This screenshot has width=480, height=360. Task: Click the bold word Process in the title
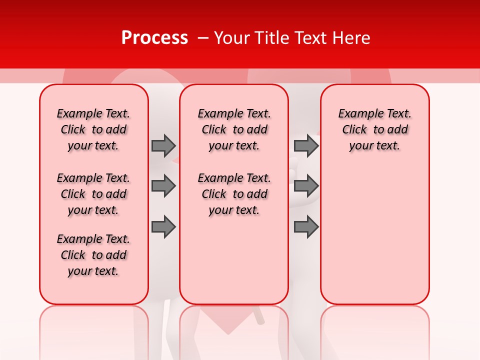click(x=154, y=38)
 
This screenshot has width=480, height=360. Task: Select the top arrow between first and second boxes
click(x=163, y=145)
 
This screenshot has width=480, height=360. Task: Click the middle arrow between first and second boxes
click(x=163, y=186)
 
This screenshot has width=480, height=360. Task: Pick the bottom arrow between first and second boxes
click(x=163, y=227)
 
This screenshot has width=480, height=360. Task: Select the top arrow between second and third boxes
click(x=306, y=145)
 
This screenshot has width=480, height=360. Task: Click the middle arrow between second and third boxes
click(x=306, y=186)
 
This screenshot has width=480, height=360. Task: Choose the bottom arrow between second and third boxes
click(x=306, y=227)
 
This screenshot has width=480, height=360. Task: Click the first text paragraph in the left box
click(x=93, y=129)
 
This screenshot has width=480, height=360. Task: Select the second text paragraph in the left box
click(x=93, y=194)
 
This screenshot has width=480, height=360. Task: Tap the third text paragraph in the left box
click(x=93, y=255)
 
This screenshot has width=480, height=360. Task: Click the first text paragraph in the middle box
click(x=234, y=129)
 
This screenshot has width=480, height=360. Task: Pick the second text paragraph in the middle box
click(x=234, y=194)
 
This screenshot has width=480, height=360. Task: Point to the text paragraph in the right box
click(x=374, y=129)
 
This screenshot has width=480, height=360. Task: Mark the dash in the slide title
click(x=202, y=38)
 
